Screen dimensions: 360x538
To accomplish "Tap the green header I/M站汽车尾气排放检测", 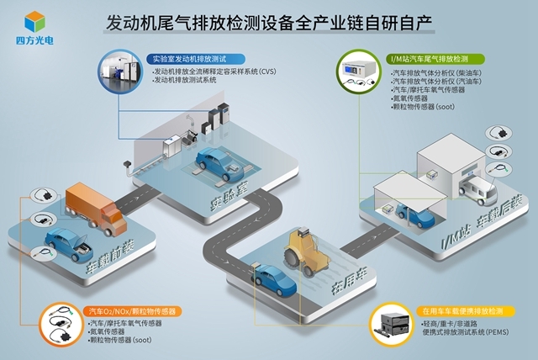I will coord(436,59).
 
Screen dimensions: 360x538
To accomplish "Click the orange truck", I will coord(92,204).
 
